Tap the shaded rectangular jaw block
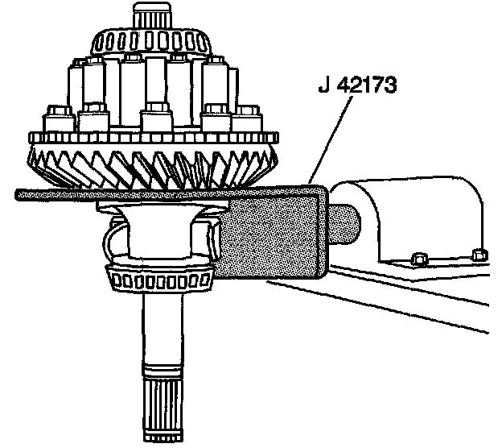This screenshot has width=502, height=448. [x=274, y=234]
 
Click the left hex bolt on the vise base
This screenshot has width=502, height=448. [x=418, y=259]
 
